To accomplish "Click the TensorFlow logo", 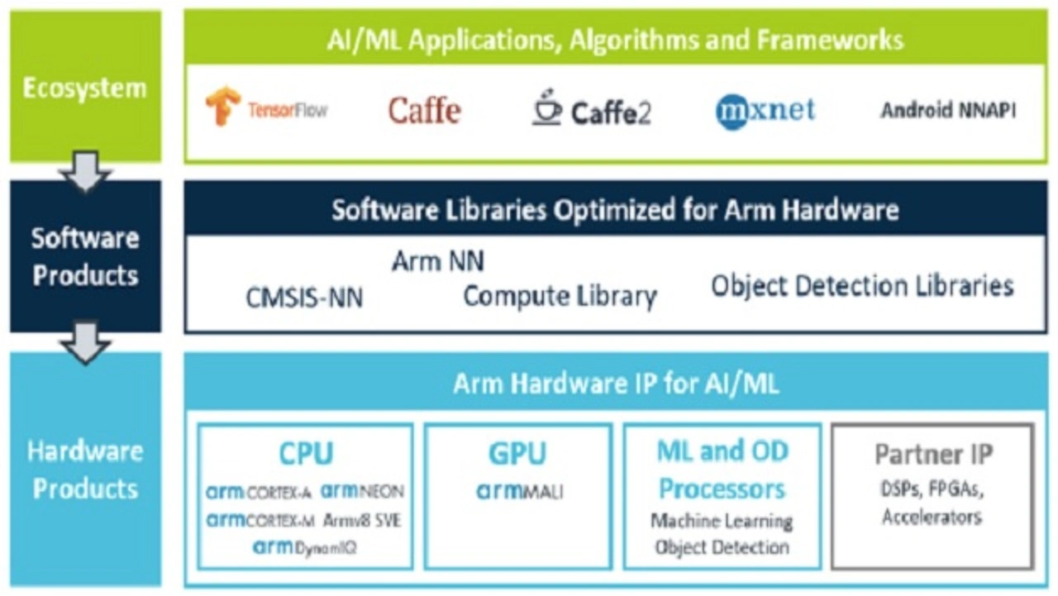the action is click(x=266, y=107).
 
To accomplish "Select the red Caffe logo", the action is click(x=424, y=111).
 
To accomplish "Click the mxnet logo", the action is click(x=765, y=111).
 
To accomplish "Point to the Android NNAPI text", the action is click(x=948, y=111).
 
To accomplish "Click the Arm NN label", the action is click(x=438, y=260).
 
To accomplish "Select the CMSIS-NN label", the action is click(x=305, y=298).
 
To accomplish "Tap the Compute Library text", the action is click(x=560, y=297).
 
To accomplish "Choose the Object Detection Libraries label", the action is click(x=862, y=286).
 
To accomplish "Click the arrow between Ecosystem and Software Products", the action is click(x=85, y=171).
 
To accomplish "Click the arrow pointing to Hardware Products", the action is click(x=85, y=343).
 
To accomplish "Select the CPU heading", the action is click(x=306, y=454).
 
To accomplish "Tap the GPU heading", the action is click(x=517, y=454).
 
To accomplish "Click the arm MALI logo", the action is click(x=520, y=492).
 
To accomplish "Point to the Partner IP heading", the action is click(x=934, y=454).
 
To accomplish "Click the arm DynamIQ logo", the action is click(x=305, y=547).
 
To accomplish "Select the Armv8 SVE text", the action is click(x=362, y=521).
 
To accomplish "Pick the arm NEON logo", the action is click(x=362, y=492).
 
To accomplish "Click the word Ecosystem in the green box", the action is click(x=85, y=88).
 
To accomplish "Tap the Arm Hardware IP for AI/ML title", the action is click(x=616, y=384).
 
